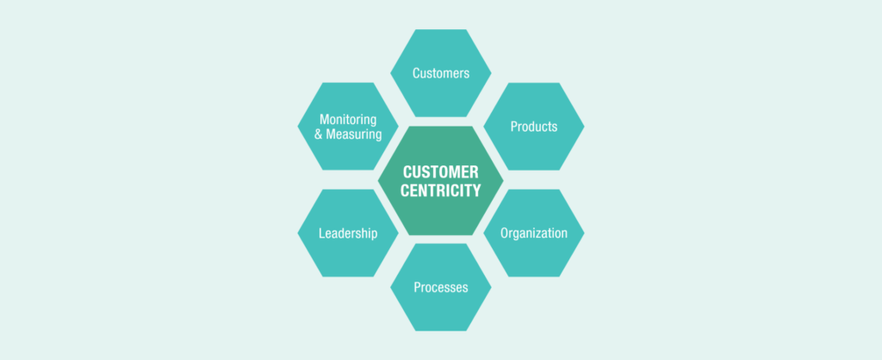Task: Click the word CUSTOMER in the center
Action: (441, 172)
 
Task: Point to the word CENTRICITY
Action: (441, 190)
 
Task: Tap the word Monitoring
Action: (348, 119)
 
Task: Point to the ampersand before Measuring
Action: (319, 135)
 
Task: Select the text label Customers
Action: (441, 73)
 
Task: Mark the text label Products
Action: (534, 127)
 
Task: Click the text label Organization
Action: (534, 233)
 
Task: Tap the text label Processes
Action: (441, 287)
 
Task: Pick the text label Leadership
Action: (348, 233)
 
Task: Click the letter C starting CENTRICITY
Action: (407, 190)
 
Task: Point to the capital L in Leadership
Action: (321, 233)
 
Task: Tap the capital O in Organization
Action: (506, 233)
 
